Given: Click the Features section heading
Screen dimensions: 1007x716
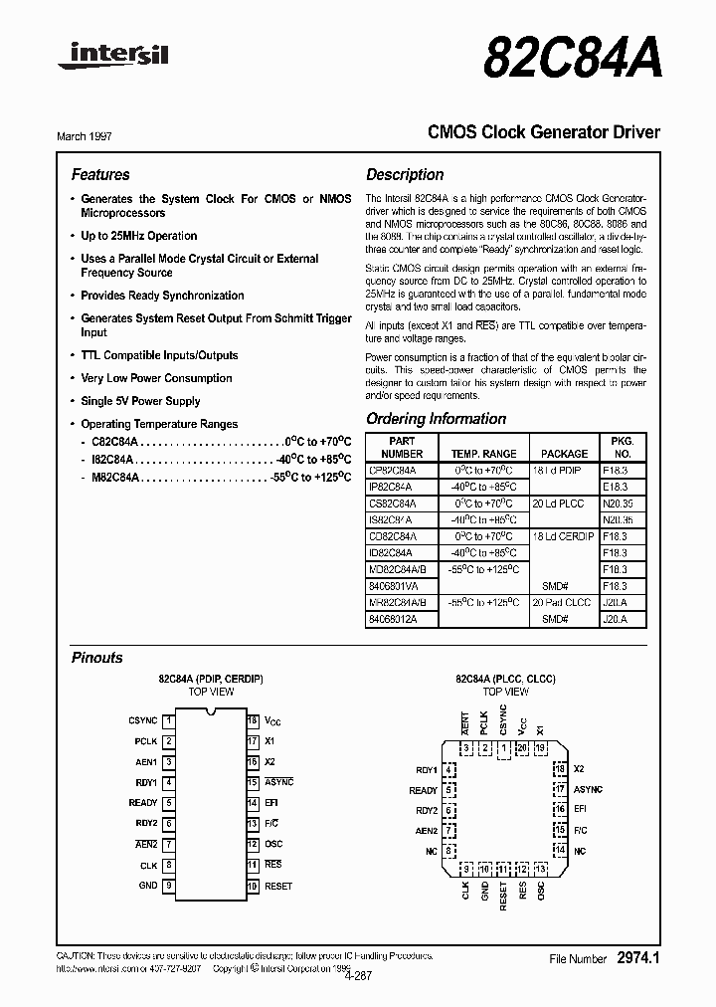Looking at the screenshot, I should tap(100, 174).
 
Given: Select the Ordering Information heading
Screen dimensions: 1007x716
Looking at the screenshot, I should tap(436, 419).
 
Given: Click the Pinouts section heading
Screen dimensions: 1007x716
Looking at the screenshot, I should tap(97, 658).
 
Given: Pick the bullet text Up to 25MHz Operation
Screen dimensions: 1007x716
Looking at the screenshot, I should tap(138, 236).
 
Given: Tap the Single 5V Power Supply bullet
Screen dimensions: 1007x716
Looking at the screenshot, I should tap(140, 401).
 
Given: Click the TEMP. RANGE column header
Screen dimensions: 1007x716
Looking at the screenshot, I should tap(484, 453).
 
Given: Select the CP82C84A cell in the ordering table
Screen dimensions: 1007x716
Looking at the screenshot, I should tap(393, 470).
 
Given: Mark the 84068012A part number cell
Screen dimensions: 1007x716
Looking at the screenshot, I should tap(393, 618).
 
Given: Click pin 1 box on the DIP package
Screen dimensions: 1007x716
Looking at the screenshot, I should tap(170, 719).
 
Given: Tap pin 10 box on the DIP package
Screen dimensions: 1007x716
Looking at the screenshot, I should tap(253, 886).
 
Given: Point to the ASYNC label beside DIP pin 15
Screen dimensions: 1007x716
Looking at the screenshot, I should tap(278, 783).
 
